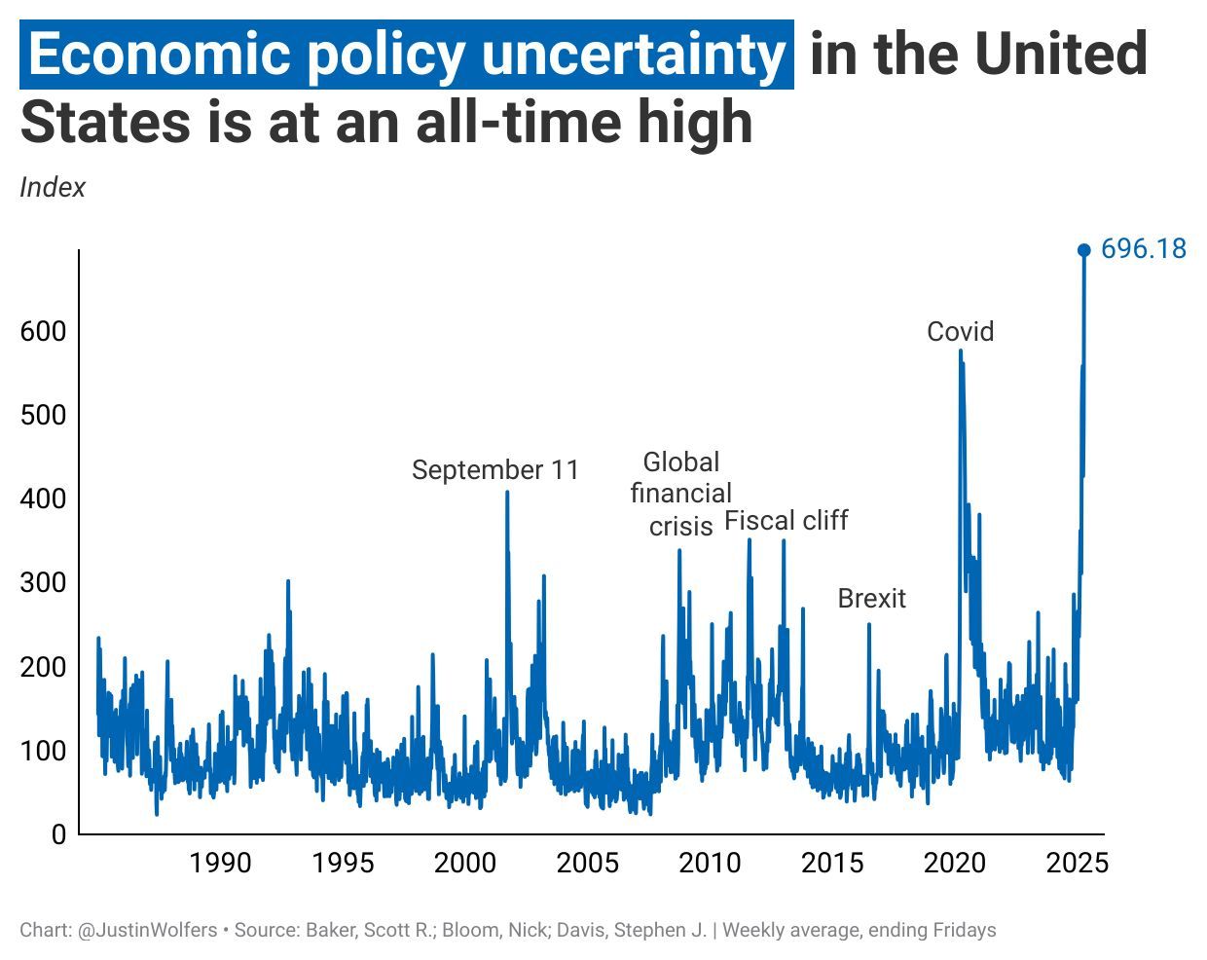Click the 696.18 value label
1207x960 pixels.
(x=1144, y=249)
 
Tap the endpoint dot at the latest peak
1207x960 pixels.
(x=1083, y=250)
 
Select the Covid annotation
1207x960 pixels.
(x=960, y=332)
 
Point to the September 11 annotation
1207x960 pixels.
(x=494, y=470)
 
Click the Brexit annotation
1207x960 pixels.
(x=871, y=599)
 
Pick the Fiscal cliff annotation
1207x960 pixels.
(x=786, y=521)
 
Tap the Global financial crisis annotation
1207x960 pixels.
(x=680, y=494)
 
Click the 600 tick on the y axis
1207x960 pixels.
(x=43, y=331)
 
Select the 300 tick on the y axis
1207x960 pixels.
(x=43, y=583)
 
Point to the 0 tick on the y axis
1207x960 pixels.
(x=58, y=834)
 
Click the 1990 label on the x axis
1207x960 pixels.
(x=220, y=864)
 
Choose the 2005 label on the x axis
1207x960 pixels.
(x=587, y=864)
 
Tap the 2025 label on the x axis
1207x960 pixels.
(x=1077, y=864)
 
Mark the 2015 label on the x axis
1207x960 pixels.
(x=832, y=864)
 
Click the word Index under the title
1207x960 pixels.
(x=53, y=187)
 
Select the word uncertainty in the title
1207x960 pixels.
(x=633, y=55)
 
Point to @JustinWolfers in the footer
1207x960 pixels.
(x=147, y=930)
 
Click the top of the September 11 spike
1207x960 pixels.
(x=507, y=492)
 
